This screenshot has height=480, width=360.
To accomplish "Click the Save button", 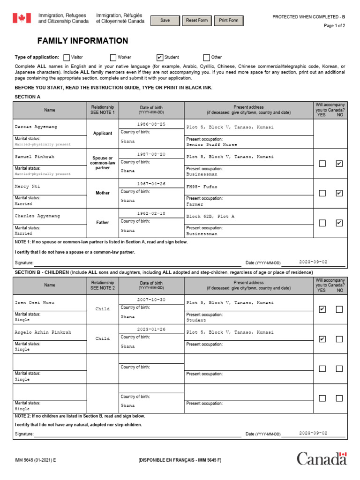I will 165,21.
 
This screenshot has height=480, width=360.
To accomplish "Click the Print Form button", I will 228,21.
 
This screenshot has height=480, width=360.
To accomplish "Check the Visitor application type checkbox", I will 66,58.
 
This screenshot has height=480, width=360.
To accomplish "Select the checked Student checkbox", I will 160,58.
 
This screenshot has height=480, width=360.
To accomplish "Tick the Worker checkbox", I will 113,58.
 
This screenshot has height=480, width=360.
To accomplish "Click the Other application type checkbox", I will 206,58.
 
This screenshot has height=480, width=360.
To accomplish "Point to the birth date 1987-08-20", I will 151,154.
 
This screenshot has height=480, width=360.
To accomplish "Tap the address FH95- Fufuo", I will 202,187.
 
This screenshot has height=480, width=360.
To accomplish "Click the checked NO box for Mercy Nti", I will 339,193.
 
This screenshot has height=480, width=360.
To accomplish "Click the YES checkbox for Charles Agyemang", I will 322,223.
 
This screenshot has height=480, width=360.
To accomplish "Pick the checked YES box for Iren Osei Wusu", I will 322,309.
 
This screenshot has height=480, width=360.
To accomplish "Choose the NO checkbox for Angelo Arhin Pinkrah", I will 339,339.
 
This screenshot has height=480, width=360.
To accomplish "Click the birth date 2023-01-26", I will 151,329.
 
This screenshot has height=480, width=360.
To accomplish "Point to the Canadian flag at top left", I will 21,18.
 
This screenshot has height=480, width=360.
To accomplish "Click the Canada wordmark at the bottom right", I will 322,458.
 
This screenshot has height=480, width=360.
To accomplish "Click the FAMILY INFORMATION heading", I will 82,41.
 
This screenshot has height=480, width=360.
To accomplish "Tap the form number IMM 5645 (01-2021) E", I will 35,460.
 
